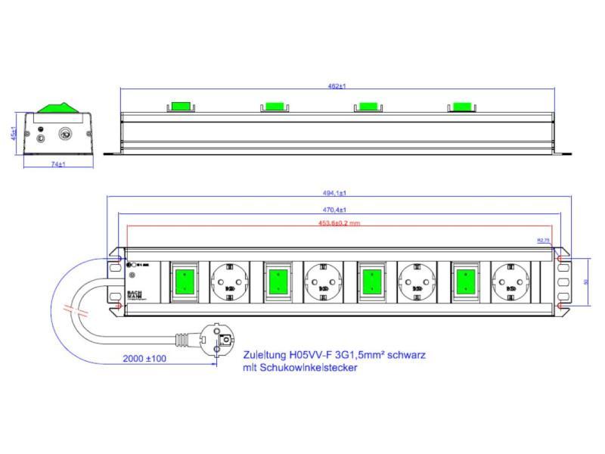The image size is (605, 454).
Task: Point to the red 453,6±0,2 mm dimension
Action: pyautogui.click(x=339, y=223)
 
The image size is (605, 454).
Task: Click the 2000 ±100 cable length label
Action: pyautogui.click(x=145, y=359)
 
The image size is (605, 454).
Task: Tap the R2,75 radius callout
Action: pyautogui.click(x=543, y=240)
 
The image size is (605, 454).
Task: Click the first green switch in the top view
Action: pyautogui.click(x=182, y=281)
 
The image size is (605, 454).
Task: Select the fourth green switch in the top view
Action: pyautogui.click(x=464, y=281)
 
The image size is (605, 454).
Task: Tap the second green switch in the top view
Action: pyautogui.click(x=276, y=281)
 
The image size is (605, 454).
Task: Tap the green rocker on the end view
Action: pyautogui.click(x=58, y=107)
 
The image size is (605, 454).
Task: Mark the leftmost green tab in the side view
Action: pyautogui.click(x=181, y=106)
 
